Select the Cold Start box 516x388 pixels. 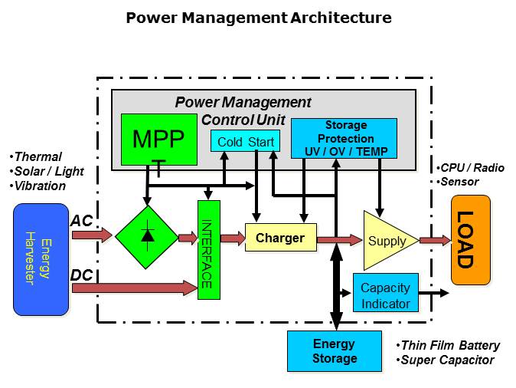pos(245,142)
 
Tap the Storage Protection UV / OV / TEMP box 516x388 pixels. pos(345,138)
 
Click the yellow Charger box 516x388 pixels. pos(279,238)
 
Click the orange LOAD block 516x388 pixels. pos(471,240)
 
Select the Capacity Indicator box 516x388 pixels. pos(385,295)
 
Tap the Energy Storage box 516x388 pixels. pos(334,351)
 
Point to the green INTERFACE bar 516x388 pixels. pos(209,249)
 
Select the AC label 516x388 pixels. pos(81,220)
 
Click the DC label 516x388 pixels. pos(81,275)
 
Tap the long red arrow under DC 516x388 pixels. pos(135,288)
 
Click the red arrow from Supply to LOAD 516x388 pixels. pos(435,241)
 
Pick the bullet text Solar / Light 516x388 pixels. pos(48,171)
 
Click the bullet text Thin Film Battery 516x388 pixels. pos(451,345)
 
